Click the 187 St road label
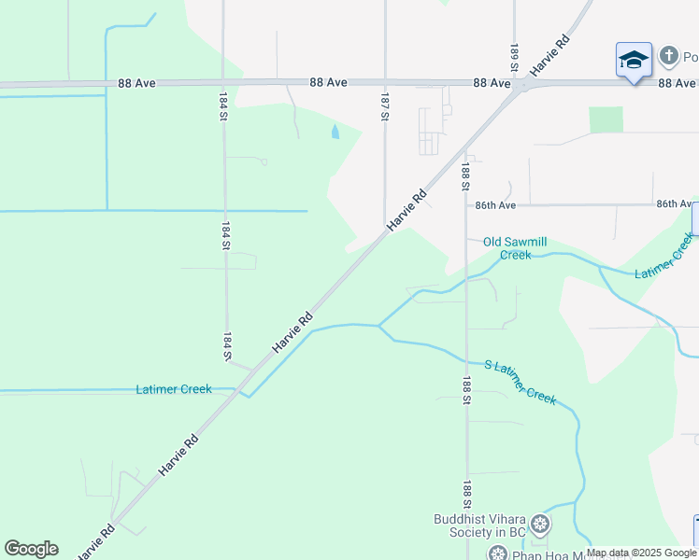tap(384, 105)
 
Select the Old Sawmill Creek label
tap(508, 248)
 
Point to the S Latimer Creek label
tap(520, 381)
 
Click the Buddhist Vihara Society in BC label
tap(479, 525)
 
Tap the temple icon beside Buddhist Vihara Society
tap(540, 525)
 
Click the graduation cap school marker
tap(634, 61)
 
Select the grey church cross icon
tap(668, 56)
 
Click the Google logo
tap(31, 549)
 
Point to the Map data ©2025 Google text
tap(641, 553)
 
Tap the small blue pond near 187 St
tap(335, 132)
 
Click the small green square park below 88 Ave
tap(606, 119)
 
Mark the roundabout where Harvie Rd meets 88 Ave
tap(521, 84)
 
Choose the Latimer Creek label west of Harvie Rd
tap(174, 389)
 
